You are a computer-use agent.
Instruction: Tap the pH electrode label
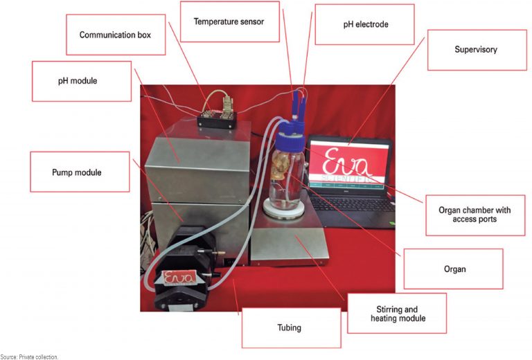pos(366,24)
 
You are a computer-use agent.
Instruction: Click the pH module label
pos(82,81)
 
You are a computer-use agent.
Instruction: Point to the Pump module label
pos(80,172)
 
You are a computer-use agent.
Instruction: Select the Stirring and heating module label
pos(396,314)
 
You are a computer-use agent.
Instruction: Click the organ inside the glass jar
pos(283,174)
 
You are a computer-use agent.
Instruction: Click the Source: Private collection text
pos(30,357)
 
